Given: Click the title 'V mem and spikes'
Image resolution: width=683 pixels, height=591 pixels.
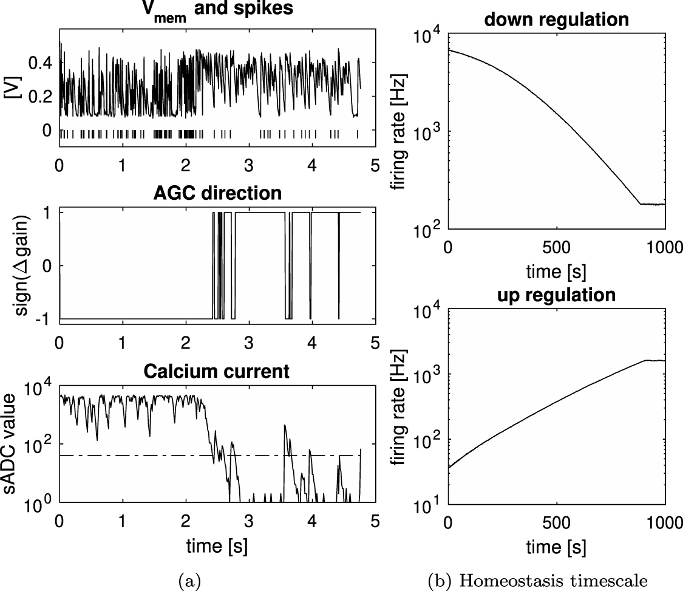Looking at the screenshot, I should (x=217, y=13).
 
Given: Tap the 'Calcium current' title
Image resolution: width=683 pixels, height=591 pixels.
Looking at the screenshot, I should (x=217, y=371).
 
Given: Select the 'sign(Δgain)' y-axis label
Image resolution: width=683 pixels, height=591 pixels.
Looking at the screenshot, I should (x=24, y=265).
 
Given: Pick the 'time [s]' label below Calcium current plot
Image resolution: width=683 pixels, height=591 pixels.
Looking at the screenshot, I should (x=217, y=545).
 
